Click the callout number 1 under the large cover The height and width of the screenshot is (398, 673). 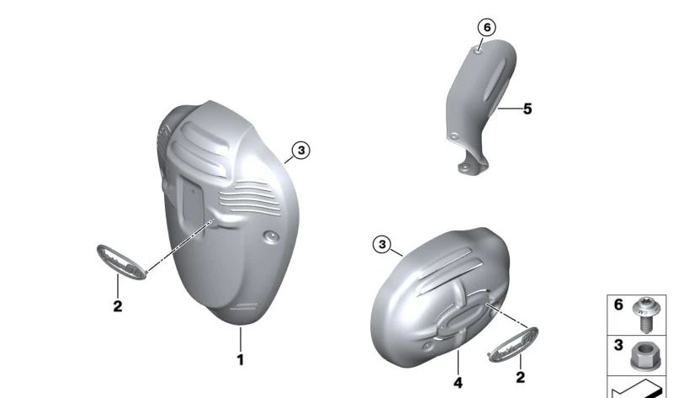pyautogui.click(x=241, y=360)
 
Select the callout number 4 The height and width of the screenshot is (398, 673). pyautogui.click(x=458, y=383)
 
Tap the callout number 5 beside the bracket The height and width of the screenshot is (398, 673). pyautogui.click(x=527, y=109)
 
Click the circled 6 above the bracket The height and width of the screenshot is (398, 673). pyautogui.click(x=487, y=28)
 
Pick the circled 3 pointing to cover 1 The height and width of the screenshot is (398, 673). pyautogui.click(x=301, y=151)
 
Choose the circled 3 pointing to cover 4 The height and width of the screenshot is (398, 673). pyautogui.click(x=382, y=245)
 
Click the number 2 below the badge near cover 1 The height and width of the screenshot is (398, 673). pyautogui.click(x=118, y=306)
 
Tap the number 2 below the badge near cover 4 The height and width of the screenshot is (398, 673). pyautogui.click(x=520, y=378)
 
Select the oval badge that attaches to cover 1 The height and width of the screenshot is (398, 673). pyautogui.click(x=122, y=262)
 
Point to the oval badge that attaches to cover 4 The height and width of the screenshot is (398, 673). pyautogui.click(x=513, y=344)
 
